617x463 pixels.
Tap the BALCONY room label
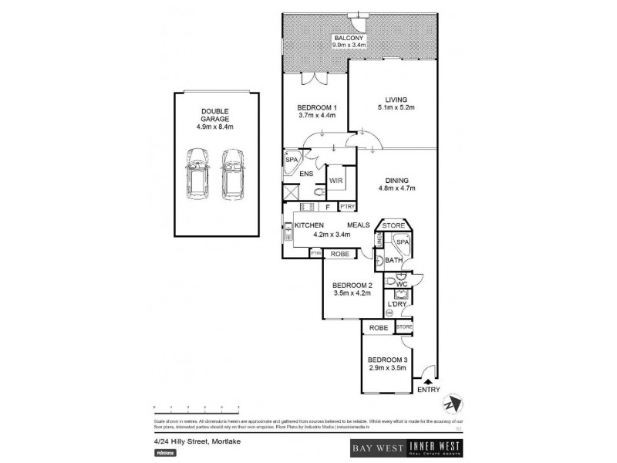(348, 39)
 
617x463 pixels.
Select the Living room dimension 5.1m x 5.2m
(396, 107)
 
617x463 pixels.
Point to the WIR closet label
(336, 180)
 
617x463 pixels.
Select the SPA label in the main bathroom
(402, 242)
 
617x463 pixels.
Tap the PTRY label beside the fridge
(347, 206)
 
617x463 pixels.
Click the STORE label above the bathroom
(394, 225)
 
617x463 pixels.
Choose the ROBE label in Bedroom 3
(378, 328)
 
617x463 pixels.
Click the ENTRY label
(428, 390)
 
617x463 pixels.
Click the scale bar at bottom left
(197, 407)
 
